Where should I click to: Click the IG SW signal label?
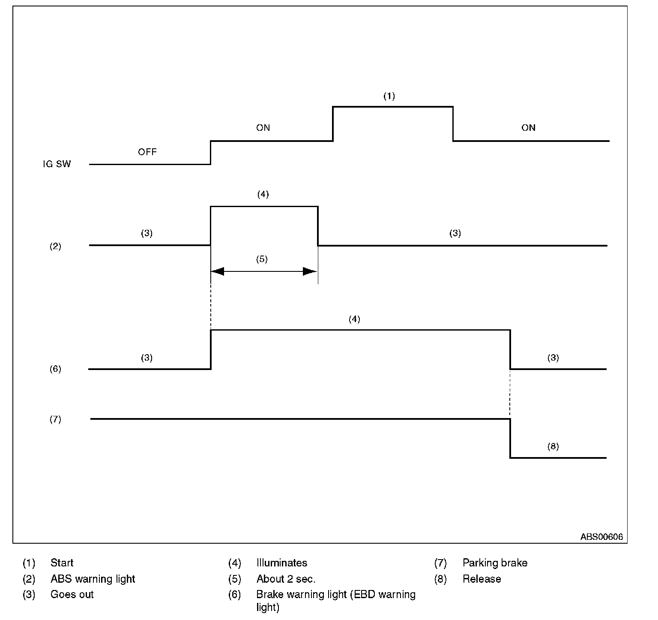(57, 164)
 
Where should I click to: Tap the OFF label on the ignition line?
(147, 152)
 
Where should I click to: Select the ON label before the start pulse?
(263, 128)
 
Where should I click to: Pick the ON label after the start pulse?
(528, 128)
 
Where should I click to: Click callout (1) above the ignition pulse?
(389, 96)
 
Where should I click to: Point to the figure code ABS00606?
(601, 537)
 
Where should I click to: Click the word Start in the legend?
(62, 563)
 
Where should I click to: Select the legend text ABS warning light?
(93, 579)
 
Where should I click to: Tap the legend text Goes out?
(72, 595)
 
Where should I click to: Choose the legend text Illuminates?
(282, 563)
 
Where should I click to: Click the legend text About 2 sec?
(286, 579)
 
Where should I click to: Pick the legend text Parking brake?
(495, 563)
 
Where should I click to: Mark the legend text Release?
(482, 579)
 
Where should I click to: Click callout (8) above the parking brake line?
(553, 446)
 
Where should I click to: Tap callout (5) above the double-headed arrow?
(262, 259)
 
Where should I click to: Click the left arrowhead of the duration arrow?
(218, 271)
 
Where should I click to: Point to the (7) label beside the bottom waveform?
(55, 419)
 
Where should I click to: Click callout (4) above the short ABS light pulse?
(263, 194)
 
